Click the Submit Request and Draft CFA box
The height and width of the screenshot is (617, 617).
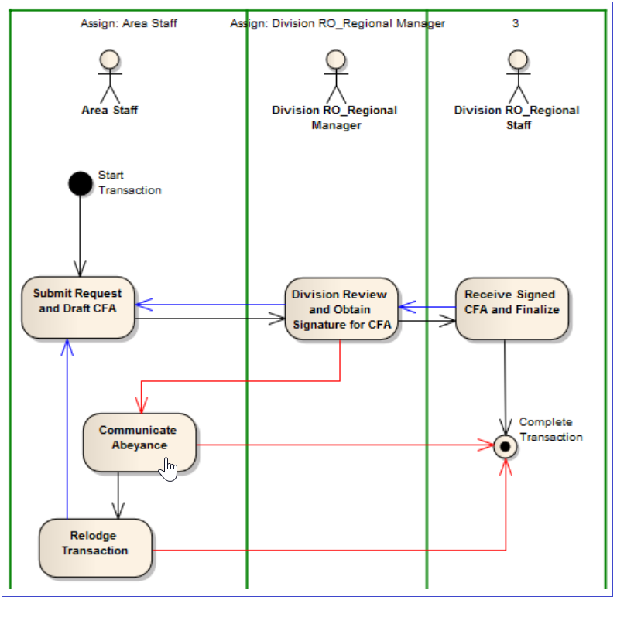coord(78,307)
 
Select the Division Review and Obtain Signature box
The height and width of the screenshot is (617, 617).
coord(341,310)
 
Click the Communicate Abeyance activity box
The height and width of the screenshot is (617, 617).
coord(139,441)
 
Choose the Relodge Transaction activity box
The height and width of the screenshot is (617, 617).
coord(94,547)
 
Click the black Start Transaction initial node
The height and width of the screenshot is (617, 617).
coord(80,183)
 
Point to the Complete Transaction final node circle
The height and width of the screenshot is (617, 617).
coord(506,446)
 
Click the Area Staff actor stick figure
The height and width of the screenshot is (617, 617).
coord(110,77)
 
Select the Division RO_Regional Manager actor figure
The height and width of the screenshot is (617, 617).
coord(335,77)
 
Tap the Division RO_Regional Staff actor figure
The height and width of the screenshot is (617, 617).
coord(516,77)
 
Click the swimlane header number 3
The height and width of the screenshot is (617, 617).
coord(516,23)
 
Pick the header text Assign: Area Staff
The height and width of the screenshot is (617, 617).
coord(129,23)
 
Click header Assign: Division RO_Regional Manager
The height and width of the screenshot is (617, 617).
coord(338,23)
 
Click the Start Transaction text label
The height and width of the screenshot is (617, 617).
coord(129,182)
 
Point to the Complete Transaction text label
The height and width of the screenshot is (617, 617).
coord(550,429)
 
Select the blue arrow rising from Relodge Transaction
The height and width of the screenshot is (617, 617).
coord(67,433)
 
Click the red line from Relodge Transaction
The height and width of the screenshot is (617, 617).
coord(325,551)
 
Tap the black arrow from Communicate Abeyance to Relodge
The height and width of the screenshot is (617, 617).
coord(118,495)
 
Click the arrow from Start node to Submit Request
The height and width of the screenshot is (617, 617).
coord(80,232)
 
